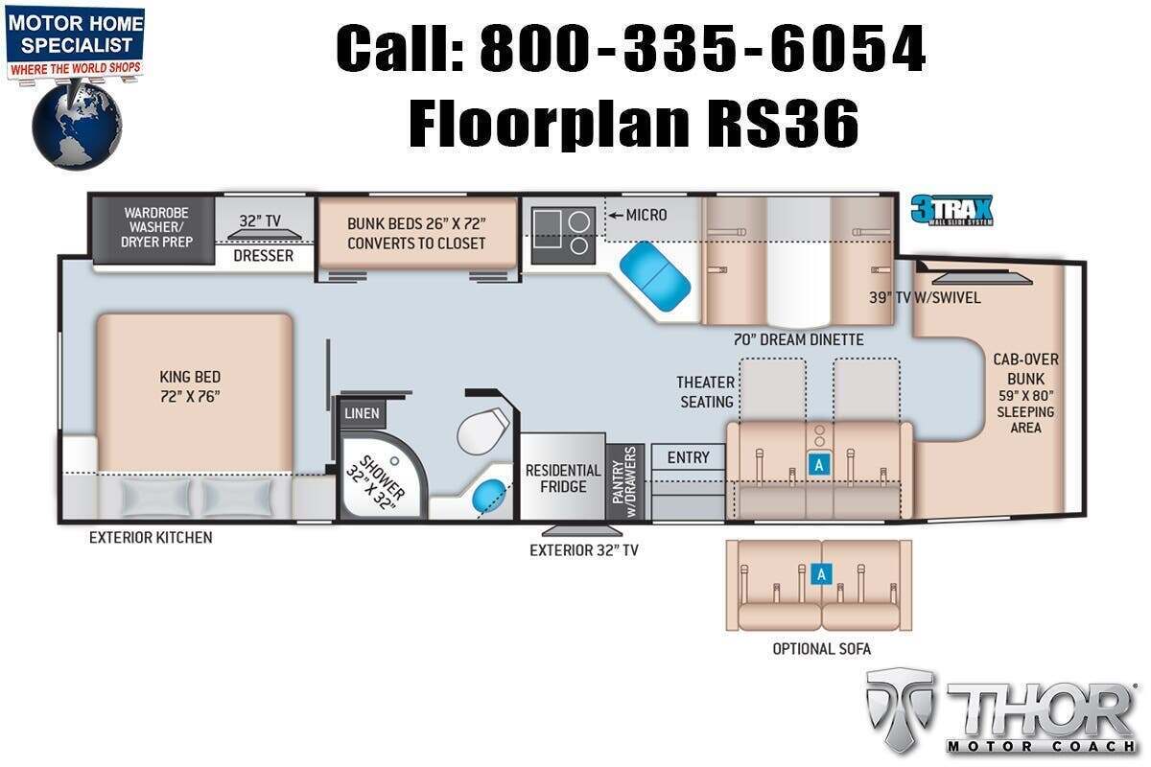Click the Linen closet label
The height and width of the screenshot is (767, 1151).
(x=362, y=413)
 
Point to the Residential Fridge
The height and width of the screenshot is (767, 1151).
(x=563, y=476)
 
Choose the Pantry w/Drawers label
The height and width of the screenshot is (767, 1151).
(x=624, y=482)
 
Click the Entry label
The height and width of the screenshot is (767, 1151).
(x=688, y=457)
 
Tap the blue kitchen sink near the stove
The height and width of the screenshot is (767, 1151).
(x=654, y=276)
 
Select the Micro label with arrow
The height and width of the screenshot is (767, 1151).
(x=637, y=215)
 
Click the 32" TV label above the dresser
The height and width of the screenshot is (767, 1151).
(x=260, y=221)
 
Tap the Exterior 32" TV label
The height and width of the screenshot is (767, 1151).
(x=584, y=550)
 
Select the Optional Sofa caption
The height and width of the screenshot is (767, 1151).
(x=821, y=649)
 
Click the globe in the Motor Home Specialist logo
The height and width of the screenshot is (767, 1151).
(x=77, y=126)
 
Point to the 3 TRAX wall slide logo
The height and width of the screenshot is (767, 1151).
(x=951, y=210)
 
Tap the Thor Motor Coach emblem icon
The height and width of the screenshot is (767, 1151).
(x=900, y=709)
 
